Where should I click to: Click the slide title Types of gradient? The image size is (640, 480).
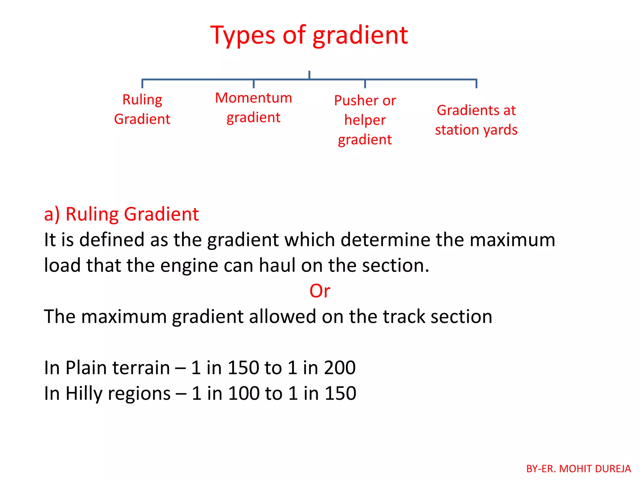pyautogui.click(x=309, y=35)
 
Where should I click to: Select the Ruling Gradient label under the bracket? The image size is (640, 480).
pyautogui.click(x=142, y=109)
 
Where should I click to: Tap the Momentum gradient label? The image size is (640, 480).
pyautogui.click(x=253, y=108)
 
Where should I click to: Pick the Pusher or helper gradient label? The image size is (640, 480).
pyautogui.click(x=365, y=120)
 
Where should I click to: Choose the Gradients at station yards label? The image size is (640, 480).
pyautogui.click(x=476, y=120)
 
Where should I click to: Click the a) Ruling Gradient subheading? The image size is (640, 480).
pyautogui.click(x=121, y=214)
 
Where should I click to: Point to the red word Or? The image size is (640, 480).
pyautogui.click(x=320, y=291)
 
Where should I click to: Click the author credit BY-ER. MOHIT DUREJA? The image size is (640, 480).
pyautogui.click(x=578, y=469)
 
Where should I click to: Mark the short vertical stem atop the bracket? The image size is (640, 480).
pyautogui.click(x=309, y=75)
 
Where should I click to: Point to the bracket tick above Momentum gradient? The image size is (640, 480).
pyautogui.click(x=253, y=84)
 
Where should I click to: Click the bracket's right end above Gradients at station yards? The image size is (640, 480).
pyautogui.click(x=476, y=83)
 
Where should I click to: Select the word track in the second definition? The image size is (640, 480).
pyautogui.click(x=404, y=317)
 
